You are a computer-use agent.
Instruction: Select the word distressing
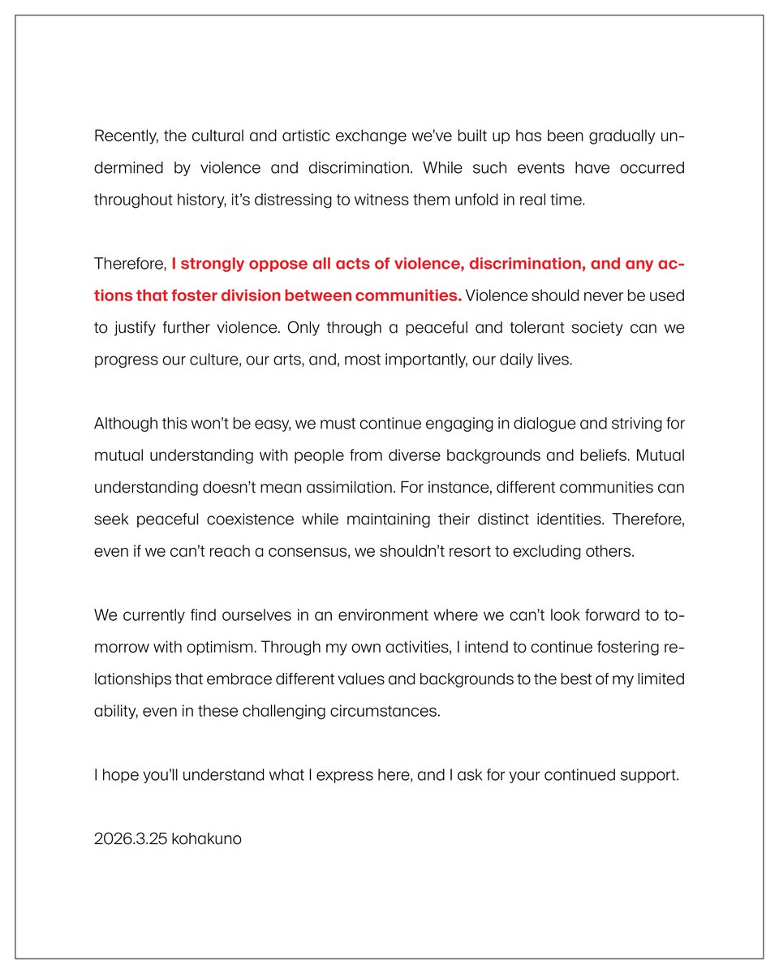[283, 200]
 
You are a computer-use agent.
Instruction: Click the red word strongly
[213, 264]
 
